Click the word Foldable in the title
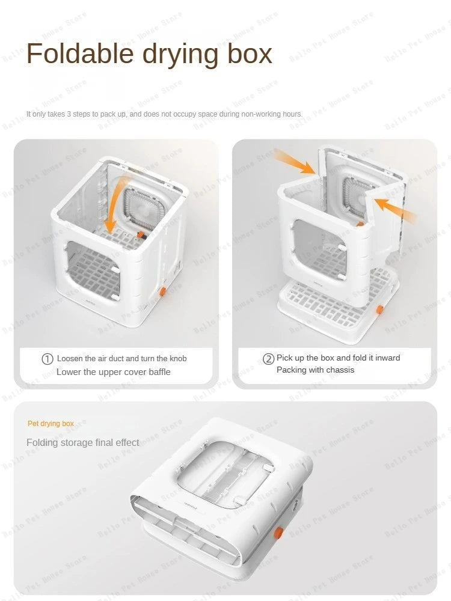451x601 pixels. coord(80,53)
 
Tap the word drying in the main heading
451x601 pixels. coord(180,53)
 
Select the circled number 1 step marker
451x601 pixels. coord(48,359)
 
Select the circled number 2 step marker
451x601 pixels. coord(269,359)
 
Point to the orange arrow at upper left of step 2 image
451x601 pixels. coord(295,162)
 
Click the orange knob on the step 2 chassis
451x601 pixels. coord(380,309)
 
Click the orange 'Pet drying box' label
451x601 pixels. coord(51,424)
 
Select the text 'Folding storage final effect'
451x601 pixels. coord(82,442)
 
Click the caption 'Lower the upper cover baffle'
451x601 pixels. coord(113,372)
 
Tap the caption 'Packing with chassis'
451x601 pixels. coord(315,370)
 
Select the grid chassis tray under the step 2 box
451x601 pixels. coord(328,304)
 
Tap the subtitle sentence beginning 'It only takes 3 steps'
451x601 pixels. coord(164,114)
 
